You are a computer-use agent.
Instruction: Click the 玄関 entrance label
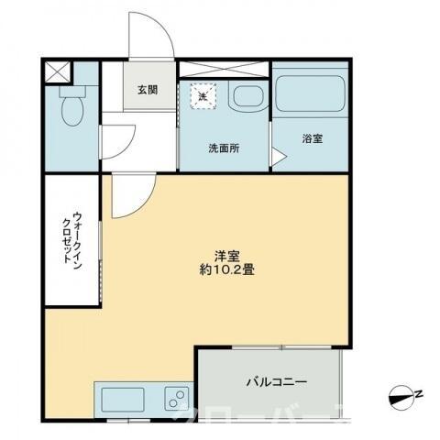click(x=148, y=90)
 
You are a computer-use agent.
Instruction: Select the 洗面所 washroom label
click(x=223, y=148)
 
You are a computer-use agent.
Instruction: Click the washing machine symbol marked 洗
click(x=200, y=94)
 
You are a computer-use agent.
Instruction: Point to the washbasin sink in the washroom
click(x=246, y=97)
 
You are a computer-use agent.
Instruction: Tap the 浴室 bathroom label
click(x=312, y=139)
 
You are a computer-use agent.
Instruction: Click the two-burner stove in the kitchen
click(x=173, y=399)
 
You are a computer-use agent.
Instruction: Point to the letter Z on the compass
click(x=418, y=395)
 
